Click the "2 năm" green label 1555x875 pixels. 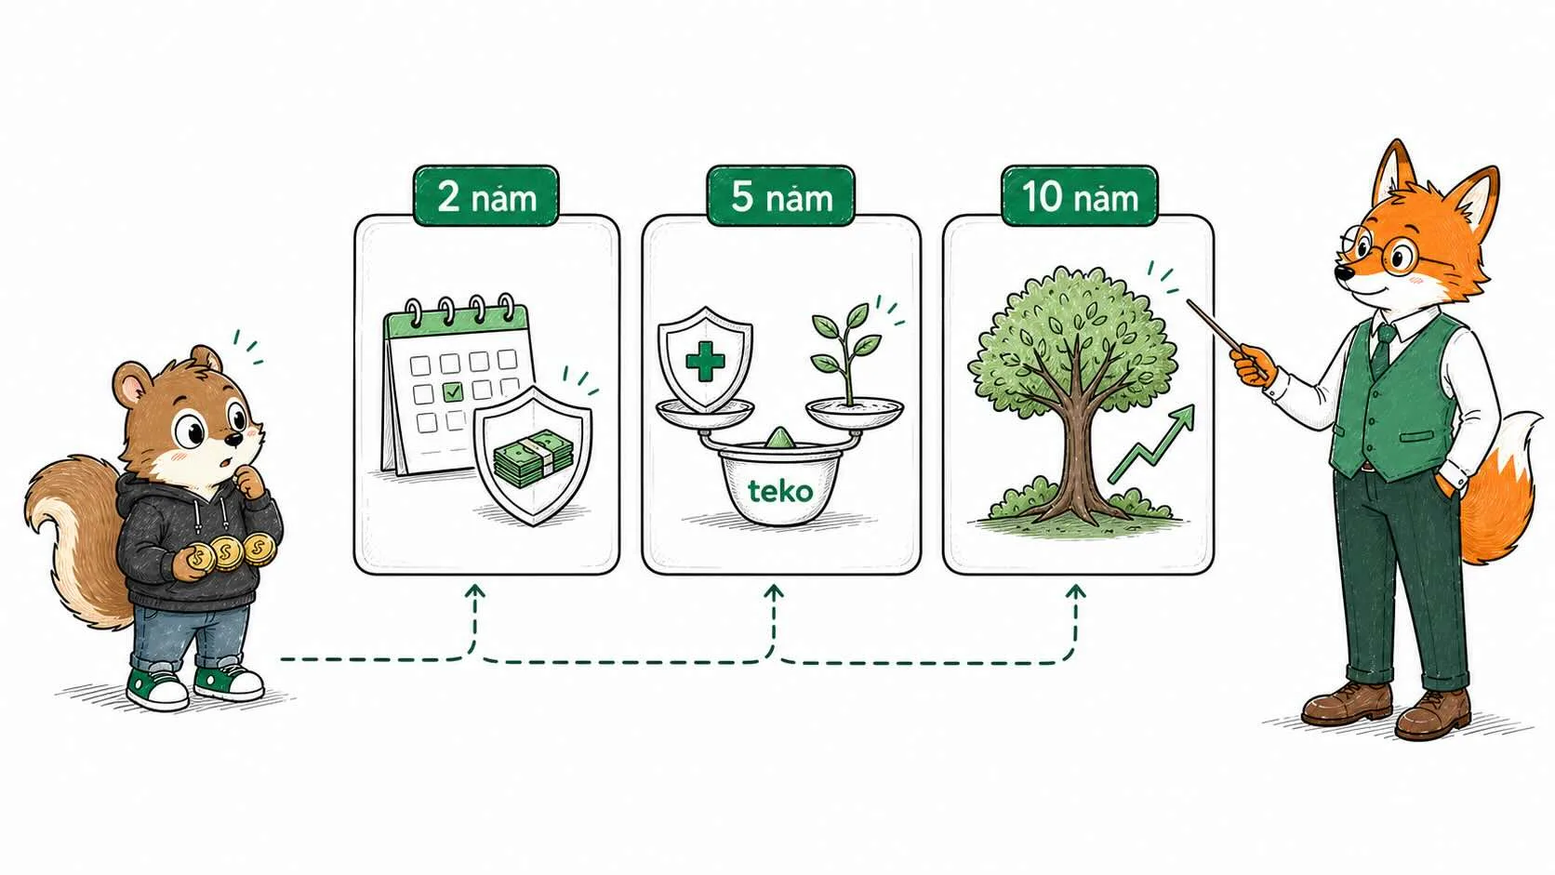click(x=485, y=195)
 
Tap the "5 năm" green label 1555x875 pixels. click(x=781, y=195)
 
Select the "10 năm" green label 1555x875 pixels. click(x=1080, y=195)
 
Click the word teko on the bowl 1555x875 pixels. click(x=780, y=491)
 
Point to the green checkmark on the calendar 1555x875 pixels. click(x=453, y=392)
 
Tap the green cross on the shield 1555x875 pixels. click(x=705, y=361)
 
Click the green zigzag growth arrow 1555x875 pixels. click(x=1151, y=444)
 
